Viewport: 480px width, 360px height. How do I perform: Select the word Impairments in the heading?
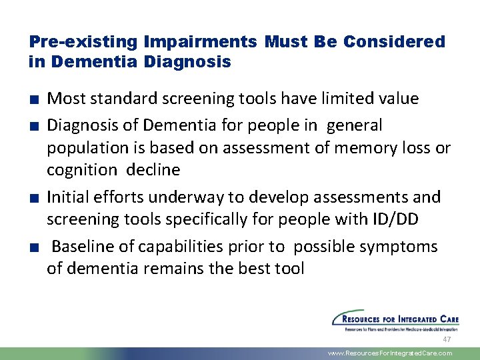click(199, 42)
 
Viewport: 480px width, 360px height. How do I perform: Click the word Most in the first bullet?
click(65, 99)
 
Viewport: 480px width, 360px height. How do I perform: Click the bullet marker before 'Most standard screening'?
click(33, 100)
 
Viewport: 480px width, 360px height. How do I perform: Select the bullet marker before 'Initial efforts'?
click(33, 198)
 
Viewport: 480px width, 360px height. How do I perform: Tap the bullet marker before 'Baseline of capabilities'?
click(33, 247)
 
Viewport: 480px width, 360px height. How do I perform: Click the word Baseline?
click(85, 247)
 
